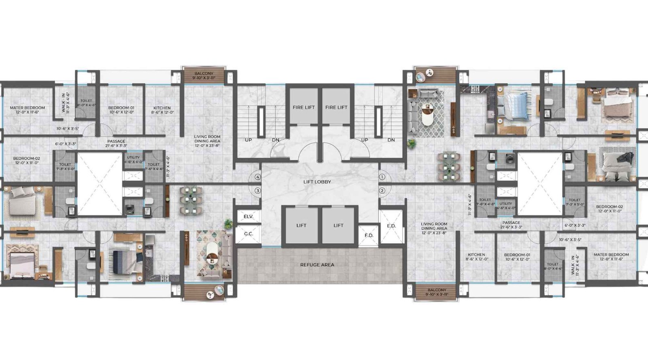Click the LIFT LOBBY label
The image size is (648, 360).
point(317,182)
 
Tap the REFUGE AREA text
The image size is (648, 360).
point(317,265)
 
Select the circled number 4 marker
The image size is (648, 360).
point(257,177)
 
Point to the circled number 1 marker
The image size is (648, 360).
point(382,177)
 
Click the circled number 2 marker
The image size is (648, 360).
point(382,191)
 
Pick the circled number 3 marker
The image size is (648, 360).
point(257,191)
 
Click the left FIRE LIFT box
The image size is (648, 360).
point(304,107)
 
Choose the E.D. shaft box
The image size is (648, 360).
point(391,226)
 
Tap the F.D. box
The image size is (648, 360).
point(369,235)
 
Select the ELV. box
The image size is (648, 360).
point(248,217)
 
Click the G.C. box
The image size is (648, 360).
point(248,234)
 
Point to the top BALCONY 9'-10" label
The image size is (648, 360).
point(204,75)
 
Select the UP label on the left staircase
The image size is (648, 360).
point(249,140)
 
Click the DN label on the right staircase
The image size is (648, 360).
point(391,140)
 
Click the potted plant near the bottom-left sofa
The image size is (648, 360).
point(228,223)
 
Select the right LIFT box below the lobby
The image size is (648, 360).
point(338,226)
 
